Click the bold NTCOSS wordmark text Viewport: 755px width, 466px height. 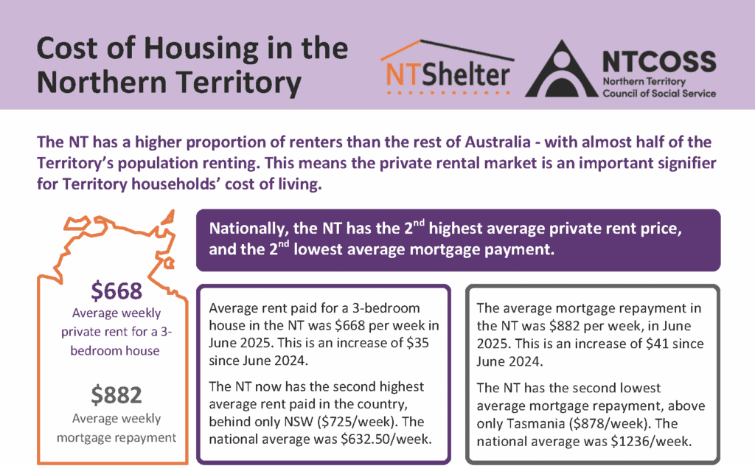658,58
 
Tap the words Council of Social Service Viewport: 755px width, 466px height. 659,94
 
